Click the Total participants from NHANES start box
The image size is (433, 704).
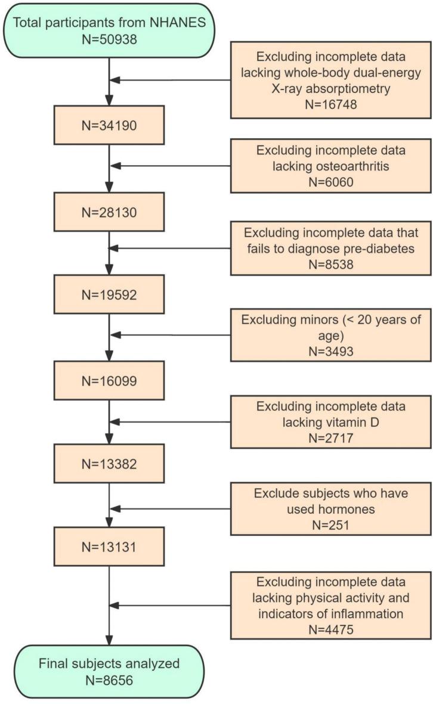pos(109,31)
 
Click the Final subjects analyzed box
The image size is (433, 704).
pos(109,670)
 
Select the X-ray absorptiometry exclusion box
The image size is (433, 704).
pos(330,79)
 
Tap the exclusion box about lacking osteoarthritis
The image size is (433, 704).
pos(330,166)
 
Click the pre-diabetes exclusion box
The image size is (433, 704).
pos(330,249)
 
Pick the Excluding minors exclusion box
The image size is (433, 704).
pos(330,335)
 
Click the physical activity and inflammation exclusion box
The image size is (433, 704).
pos(330,605)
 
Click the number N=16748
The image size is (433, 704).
pos(330,103)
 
